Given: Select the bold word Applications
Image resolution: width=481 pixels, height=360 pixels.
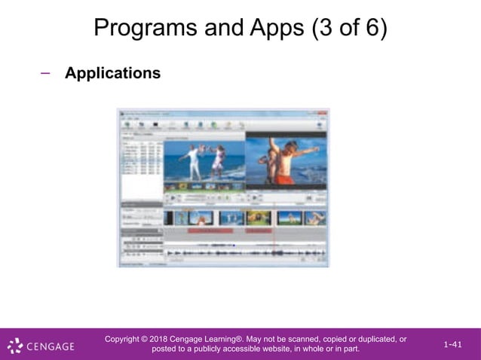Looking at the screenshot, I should point(112,73).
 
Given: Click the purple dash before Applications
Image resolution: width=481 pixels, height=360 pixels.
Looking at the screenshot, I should point(45,72).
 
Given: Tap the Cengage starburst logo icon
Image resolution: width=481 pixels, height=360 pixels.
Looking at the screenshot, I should point(15,346).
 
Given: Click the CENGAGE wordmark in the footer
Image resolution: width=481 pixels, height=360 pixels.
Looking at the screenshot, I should point(51,346).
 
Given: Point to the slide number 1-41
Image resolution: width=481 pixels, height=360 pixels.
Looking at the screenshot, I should point(452,344).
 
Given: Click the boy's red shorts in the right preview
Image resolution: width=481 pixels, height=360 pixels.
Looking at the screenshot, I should point(284,179).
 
